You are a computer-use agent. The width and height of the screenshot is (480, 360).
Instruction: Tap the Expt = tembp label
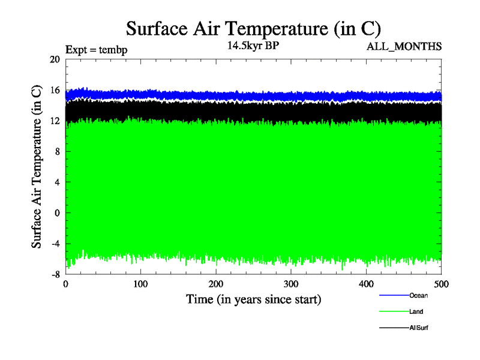tap(96, 50)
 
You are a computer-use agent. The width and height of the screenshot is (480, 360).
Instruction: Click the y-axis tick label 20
tap(55, 59)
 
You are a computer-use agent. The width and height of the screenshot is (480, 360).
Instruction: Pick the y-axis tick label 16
tap(55, 90)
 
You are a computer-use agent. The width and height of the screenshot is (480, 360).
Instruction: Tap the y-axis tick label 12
tap(55, 121)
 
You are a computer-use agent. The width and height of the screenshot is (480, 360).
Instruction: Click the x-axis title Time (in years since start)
tap(253, 298)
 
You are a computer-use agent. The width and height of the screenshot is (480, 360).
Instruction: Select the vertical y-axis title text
tap(37, 167)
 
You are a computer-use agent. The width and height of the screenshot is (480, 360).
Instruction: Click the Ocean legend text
tap(418, 295)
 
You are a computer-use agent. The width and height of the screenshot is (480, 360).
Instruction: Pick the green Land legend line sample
tap(394, 312)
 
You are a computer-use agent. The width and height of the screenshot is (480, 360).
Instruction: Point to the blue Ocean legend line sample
tap(394, 295)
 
